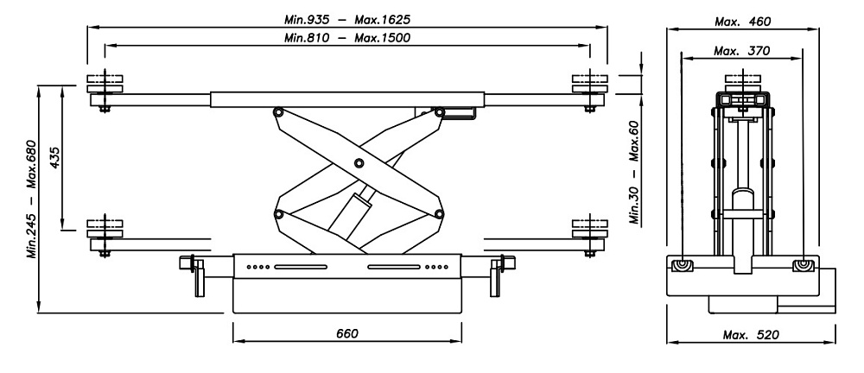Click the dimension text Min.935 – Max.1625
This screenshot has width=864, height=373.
346,17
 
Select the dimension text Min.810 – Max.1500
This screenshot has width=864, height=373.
346,37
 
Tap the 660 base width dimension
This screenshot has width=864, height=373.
346,333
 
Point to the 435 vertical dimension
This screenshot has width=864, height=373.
54,158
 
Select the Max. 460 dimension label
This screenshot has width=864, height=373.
744,20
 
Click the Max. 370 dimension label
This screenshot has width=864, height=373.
744,51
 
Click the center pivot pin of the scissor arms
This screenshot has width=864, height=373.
359,164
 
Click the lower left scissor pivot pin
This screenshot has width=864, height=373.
278,213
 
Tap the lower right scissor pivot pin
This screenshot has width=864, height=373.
439,213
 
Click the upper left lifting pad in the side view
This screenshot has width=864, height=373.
105,84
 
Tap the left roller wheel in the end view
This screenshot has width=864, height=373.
683,264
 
